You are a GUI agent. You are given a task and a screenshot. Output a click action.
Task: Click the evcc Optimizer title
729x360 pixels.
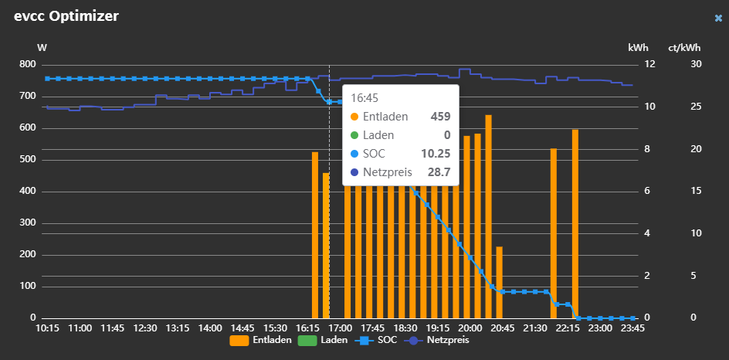click(66, 16)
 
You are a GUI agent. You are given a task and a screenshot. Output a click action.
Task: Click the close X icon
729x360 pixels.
click(718, 18)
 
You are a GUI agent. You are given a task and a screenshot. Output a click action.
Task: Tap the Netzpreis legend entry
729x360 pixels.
click(436, 340)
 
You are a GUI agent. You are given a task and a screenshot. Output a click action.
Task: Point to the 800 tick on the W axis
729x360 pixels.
click(27, 64)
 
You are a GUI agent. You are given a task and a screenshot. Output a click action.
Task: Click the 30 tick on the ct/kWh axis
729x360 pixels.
click(696, 64)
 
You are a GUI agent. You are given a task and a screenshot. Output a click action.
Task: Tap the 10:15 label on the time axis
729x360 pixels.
click(48, 328)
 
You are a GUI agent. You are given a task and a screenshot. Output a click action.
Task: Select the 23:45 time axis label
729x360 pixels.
click(632, 328)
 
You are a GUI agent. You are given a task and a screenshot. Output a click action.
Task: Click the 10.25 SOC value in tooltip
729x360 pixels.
click(436, 154)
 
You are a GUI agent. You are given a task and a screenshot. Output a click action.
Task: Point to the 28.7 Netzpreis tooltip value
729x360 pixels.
click(439, 172)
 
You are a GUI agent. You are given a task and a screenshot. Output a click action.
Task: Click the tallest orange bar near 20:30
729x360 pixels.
click(488, 216)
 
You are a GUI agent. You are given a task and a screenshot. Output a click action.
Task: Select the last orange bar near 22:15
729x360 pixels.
click(575, 224)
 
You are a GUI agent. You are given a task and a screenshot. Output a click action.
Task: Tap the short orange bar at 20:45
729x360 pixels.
click(499, 282)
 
